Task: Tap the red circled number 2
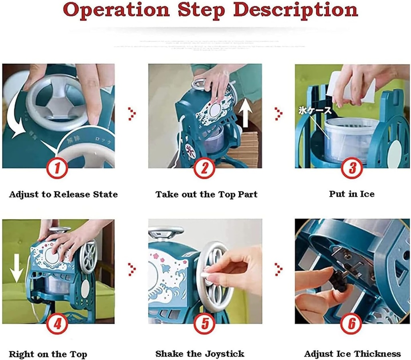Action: pyautogui.click(x=205, y=168)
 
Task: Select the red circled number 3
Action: pyautogui.click(x=352, y=168)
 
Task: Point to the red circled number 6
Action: pyautogui.click(x=352, y=324)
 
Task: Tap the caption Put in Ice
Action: pyautogui.click(x=352, y=194)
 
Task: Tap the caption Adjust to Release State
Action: pyautogui.click(x=63, y=194)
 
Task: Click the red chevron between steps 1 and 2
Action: pyautogui.click(x=131, y=114)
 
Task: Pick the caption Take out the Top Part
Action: pyautogui.click(x=206, y=194)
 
